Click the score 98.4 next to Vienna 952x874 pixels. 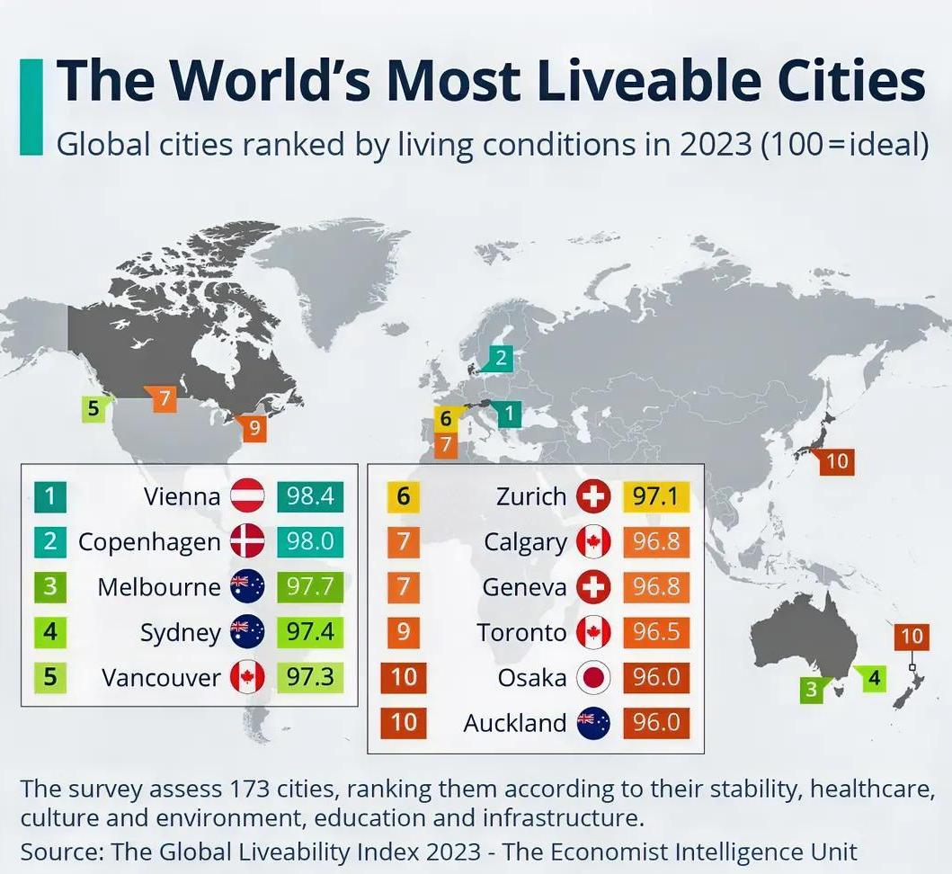pos(310,495)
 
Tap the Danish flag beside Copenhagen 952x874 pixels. pos(247,542)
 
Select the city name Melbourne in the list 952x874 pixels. pos(159,587)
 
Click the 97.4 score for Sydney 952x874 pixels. pos(310,632)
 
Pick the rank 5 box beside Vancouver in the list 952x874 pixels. pos(51,676)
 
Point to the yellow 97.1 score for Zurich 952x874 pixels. pos(655,496)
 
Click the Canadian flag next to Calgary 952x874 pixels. pos(593,542)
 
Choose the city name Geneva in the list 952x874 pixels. pos(524,587)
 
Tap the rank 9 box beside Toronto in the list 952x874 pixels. pos(404,632)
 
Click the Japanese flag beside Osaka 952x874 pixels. pos(593,677)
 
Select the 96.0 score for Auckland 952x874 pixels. pos(655,722)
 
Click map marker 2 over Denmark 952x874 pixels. pos(501,359)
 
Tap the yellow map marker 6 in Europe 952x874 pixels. pos(446,418)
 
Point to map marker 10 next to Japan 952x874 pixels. pos(836,461)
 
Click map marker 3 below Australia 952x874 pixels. pos(813,690)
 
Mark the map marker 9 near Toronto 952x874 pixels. pos(255,429)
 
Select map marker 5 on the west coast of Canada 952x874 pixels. pos(93,409)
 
